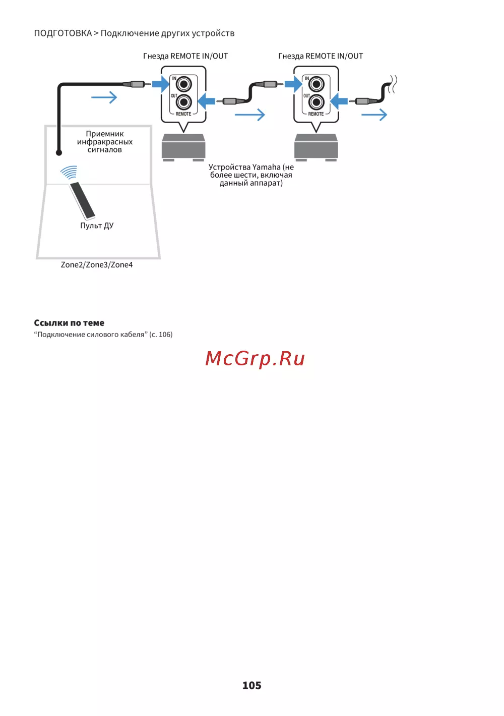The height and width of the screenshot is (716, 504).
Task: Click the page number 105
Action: point(251,685)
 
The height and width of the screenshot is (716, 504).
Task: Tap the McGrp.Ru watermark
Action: point(255,358)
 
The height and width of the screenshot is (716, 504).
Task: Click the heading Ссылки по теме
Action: point(69,323)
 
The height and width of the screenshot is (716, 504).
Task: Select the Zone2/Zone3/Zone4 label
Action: point(97,265)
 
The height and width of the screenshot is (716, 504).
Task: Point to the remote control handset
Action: point(82,200)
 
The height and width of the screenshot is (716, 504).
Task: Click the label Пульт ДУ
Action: point(97,226)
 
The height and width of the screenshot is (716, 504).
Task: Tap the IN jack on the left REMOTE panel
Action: point(183,84)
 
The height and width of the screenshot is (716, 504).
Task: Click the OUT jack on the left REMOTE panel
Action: point(183,102)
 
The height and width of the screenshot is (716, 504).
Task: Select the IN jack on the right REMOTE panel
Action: point(316,84)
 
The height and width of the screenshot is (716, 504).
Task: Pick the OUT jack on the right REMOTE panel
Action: point(316,102)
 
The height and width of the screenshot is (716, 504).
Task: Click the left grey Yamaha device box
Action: point(183,147)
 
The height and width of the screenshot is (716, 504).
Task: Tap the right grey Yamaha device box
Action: point(316,147)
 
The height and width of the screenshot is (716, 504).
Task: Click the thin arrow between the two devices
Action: point(250,115)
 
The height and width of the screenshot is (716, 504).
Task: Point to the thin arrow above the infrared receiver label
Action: point(104,97)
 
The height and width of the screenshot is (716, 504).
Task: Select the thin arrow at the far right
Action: point(374,115)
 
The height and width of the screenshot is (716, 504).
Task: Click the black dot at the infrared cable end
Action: point(59,152)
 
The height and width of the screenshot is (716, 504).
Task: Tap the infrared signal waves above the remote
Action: point(69,173)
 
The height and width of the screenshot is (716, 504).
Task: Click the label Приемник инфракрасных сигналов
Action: point(105,142)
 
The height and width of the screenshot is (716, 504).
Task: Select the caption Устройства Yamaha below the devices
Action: point(251,175)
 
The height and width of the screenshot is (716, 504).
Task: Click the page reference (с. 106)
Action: point(161,335)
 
